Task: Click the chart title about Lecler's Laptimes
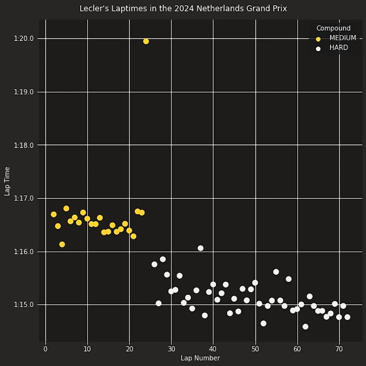(183, 9)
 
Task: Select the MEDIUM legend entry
(342, 38)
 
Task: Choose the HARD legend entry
(338, 48)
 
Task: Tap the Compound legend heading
(333, 28)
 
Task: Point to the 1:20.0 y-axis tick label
(24, 39)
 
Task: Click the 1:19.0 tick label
(24, 92)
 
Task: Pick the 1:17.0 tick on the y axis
(24, 199)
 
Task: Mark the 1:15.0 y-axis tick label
(24, 305)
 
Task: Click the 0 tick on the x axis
(46, 349)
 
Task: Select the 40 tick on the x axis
(213, 349)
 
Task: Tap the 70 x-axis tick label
(339, 349)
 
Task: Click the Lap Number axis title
(200, 358)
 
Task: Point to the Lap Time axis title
(7, 181)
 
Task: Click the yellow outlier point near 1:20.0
(146, 41)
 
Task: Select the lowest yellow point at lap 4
(62, 245)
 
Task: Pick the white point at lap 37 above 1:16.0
(201, 248)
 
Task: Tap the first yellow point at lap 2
(54, 214)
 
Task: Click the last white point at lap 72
(347, 317)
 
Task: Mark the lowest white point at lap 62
(305, 326)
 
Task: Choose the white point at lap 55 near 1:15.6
(276, 272)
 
